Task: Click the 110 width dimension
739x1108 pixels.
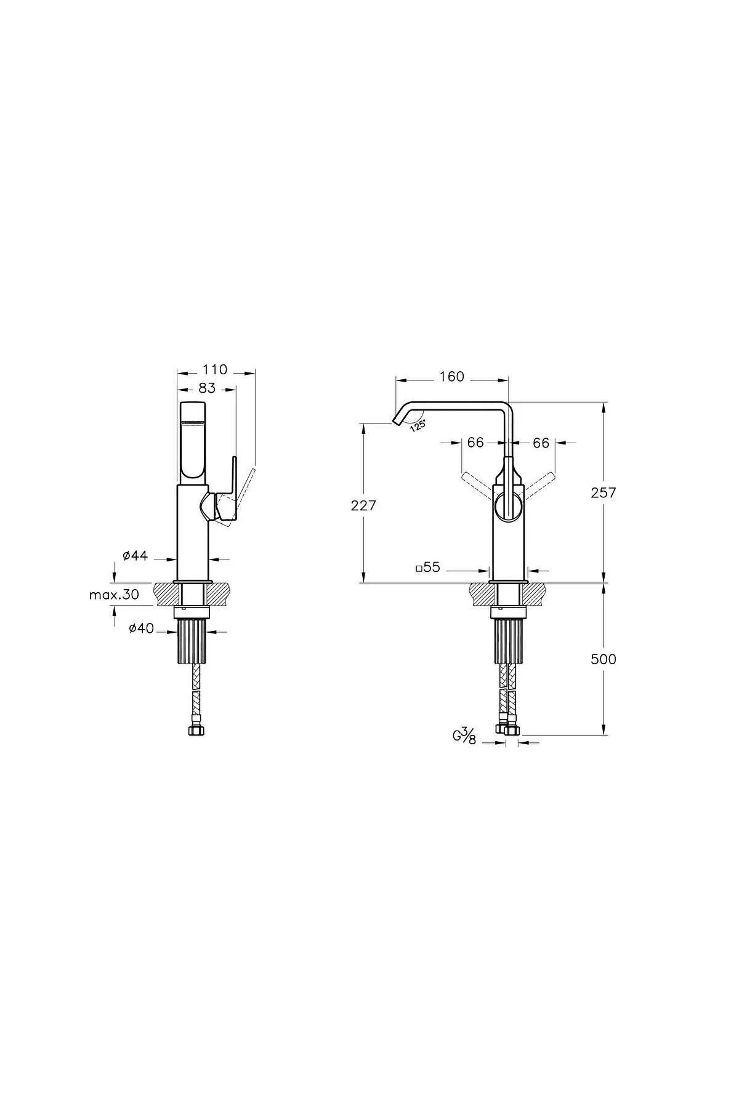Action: click(215, 370)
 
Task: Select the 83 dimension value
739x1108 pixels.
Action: click(208, 388)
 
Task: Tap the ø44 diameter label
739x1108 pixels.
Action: click(135, 556)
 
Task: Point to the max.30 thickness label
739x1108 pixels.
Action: click(114, 595)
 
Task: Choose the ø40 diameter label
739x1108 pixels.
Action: click(141, 628)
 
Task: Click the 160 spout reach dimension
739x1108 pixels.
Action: click(452, 377)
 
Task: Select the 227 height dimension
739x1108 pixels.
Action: click(363, 506)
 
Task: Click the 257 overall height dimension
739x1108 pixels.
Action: click(604, 492)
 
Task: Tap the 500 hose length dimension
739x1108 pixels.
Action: click(604, 659)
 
